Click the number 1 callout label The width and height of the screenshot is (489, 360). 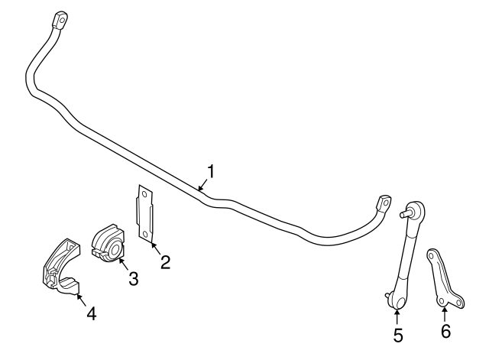click(210, 171)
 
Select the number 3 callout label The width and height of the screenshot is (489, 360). click(133, 279)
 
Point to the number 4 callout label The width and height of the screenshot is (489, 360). click(90, 313)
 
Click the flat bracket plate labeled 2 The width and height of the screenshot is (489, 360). click(146, 213)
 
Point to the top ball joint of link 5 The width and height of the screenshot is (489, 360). click(414, 208)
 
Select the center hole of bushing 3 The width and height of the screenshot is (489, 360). click(112, 249)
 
